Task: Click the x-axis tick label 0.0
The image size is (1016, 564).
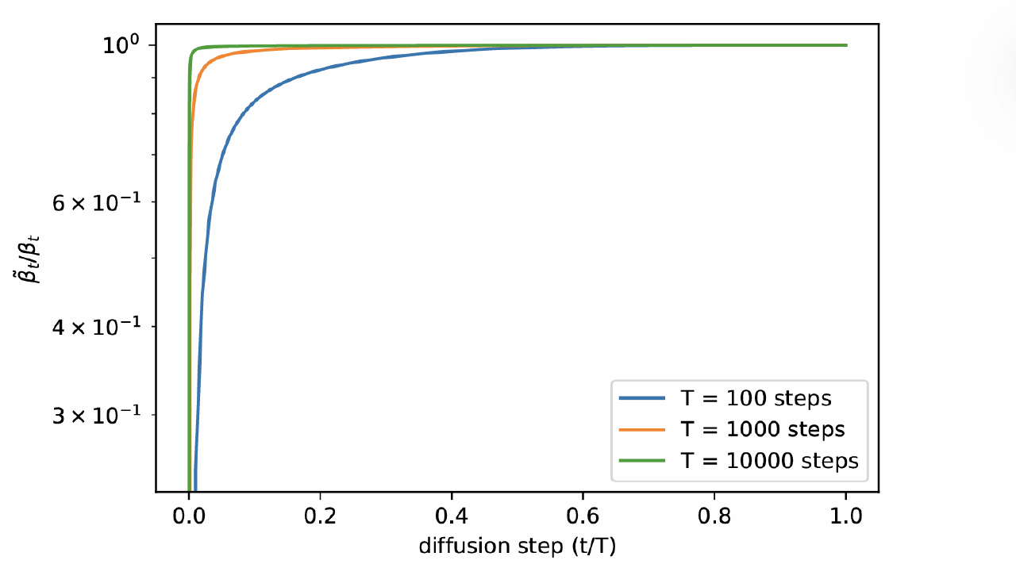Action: coord(188,516)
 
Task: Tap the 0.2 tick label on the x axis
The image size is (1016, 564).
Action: coord(320,516)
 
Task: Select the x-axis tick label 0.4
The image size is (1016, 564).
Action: coord(452,516)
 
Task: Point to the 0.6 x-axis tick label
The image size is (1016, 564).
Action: coord(583,516)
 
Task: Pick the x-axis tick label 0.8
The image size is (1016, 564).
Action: coord(714,516)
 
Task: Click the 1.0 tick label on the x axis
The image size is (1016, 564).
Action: coord(846,516)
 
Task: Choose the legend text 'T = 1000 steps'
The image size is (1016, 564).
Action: coord(763,429)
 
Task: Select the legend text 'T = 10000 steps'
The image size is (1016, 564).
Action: coord(769,460)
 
